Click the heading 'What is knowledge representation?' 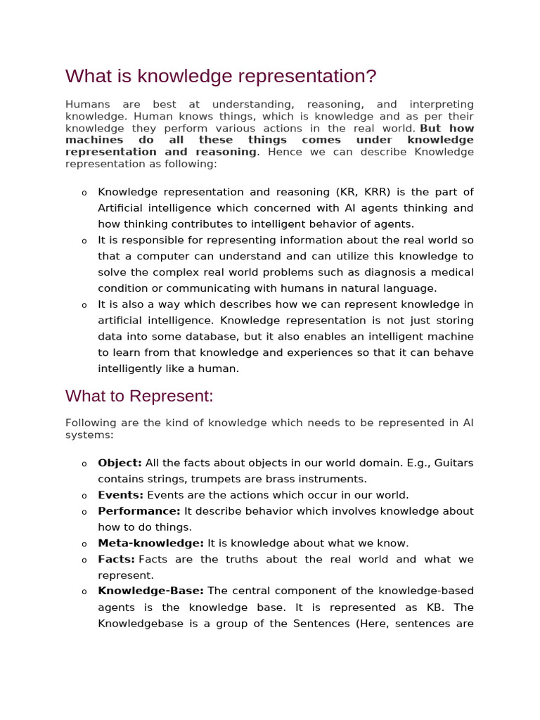click(221, 76)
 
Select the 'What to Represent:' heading click(139, 396)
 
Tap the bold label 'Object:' click(120, 463)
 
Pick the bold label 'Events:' click(120, 495)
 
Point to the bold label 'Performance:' click(139, 511)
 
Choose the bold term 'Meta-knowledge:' click(150, 543)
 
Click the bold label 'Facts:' click(116, 559)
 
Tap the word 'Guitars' click(454, 463)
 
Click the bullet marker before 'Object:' click(84, 464)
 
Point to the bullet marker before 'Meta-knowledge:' click(84, 544)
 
